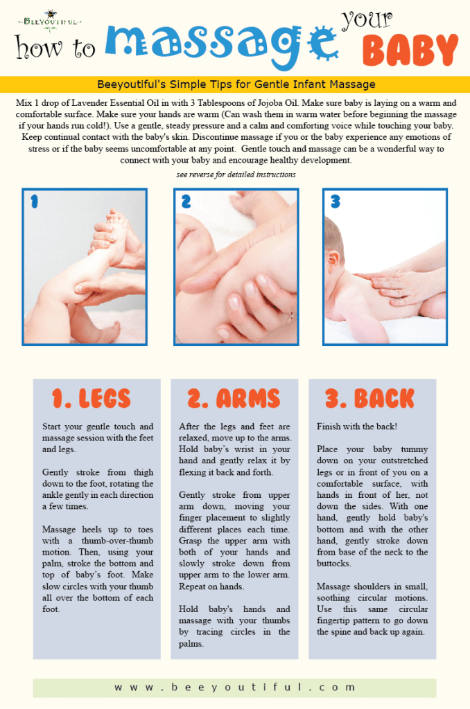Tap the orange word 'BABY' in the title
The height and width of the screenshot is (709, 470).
tap(410, 51)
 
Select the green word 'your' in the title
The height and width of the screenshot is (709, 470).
tap(368, 19)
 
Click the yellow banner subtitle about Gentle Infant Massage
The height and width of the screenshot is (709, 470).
tap(236, 84)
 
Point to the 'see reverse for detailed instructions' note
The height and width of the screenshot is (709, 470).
tap(236, 174)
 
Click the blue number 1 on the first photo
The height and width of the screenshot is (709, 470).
tap(34, 201)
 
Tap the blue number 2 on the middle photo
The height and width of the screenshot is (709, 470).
tap(186, 201)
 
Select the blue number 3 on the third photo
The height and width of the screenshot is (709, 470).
tap(335, 201)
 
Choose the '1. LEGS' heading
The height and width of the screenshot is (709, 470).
tap(92, 398)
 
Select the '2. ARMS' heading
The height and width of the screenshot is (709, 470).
tap(234, 398)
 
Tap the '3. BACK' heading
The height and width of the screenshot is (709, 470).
tap(370, 398)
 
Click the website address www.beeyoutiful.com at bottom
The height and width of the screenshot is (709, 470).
tap(235, 688)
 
